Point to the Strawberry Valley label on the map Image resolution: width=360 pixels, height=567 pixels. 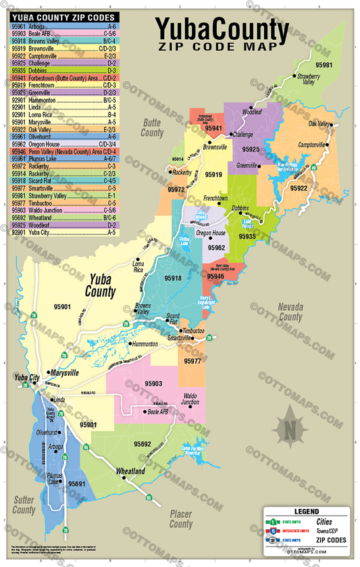pyautogui.click(x=309, y=82)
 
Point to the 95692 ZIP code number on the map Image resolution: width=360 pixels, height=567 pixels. pyautogui.click(x=142, y=443)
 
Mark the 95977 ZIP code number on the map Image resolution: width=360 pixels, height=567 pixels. pyautogui.click(x=192, y=361)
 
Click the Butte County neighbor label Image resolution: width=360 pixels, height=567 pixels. pyautogui.click(x=152, y=128)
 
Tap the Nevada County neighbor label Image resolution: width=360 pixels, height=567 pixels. pyautogui.click(x=290, y=312)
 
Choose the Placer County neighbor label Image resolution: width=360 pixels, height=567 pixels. pyautogui.click(x=181, y=519)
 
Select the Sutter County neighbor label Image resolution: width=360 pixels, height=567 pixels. pyautogui.click(x=25, y=503)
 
